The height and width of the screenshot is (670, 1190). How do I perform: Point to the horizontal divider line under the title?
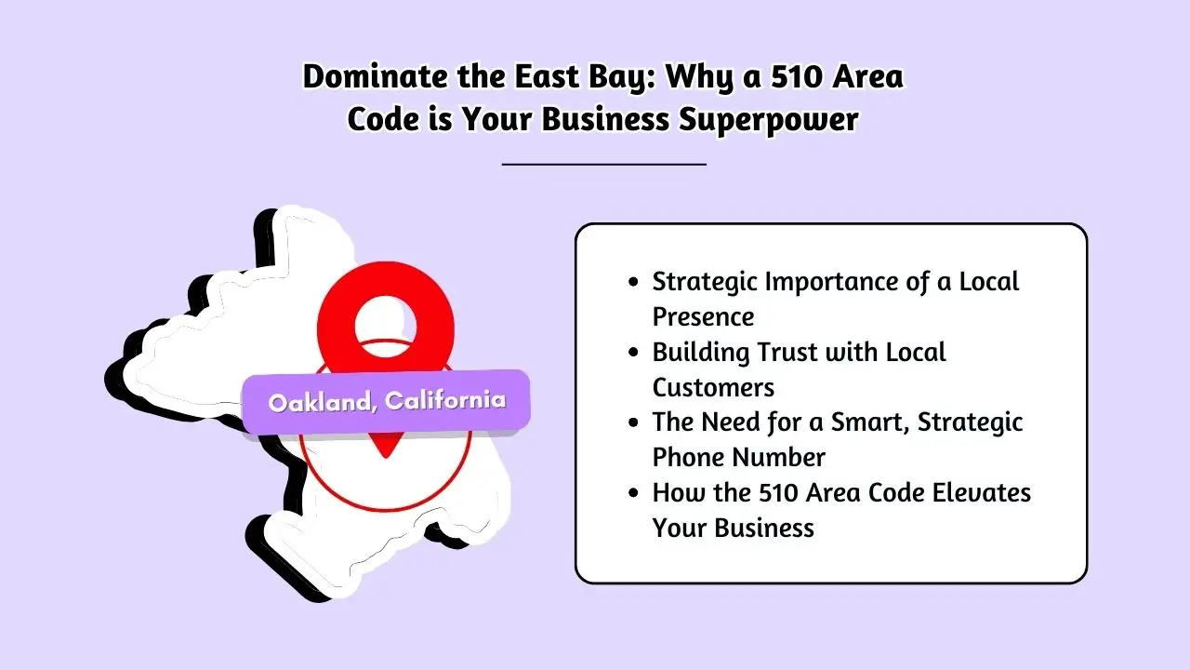pyautogui.click(x=603, y=164)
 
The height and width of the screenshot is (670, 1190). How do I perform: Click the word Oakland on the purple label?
pyautogui.click(x=322, y=402)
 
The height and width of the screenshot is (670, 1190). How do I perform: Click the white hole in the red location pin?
pyautogui.click(x=385, y=322)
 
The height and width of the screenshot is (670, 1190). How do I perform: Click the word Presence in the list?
pyautogui.click(x=703, y=316)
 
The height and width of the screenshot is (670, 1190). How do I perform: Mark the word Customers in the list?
pyautogui.click(x=713, y=387)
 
